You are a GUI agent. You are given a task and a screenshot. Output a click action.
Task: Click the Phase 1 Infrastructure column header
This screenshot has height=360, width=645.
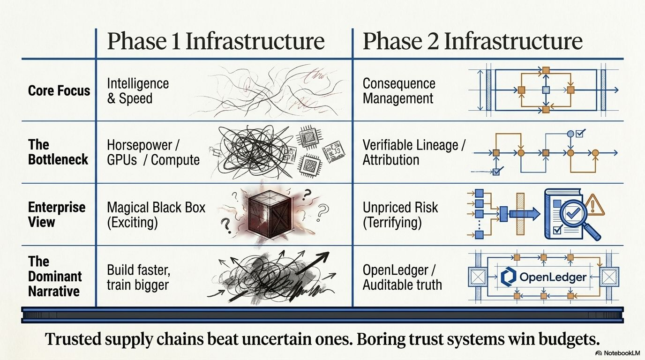point(216,41)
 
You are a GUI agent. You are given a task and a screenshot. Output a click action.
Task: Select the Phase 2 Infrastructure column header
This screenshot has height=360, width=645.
point(472,41)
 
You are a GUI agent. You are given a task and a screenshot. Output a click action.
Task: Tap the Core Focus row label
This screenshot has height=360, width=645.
point(59,90)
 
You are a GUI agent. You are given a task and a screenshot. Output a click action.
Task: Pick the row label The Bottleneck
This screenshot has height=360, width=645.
point(58,152)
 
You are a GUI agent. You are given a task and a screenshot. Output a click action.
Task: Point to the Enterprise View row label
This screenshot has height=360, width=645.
point(57,215)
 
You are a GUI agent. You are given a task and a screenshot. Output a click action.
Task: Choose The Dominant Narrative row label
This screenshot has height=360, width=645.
point(55,276)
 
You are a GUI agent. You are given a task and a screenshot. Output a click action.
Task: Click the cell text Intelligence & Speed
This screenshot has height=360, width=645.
point(138,91)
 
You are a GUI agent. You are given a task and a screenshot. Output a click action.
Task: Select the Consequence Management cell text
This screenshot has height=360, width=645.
point(399,91)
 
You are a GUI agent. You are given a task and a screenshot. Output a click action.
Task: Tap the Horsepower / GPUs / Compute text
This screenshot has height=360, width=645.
point(153,153)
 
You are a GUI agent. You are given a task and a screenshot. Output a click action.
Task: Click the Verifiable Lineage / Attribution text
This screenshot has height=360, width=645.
point(414,153)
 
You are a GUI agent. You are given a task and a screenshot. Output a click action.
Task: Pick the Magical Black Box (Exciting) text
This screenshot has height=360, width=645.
point(156,215)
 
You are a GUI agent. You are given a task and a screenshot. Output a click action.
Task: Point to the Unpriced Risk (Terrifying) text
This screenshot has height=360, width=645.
point(400,215)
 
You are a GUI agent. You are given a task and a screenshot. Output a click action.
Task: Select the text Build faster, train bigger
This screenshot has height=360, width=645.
point(138,277)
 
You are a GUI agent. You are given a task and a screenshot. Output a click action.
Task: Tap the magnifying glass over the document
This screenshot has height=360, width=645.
point(579,219)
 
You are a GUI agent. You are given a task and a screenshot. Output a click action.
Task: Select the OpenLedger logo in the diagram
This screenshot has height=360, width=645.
point(543,277)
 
